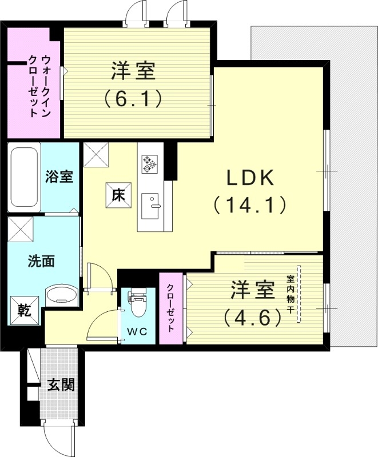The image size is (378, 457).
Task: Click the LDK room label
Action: click(x=250, y=179)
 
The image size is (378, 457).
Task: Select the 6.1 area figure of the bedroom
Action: click(x=133, y=98)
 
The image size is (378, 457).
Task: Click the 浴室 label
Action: click(x=59, y=177)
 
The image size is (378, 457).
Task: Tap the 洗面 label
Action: click(x=41, y=262)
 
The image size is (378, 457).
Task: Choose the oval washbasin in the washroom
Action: click(x=59, y=295)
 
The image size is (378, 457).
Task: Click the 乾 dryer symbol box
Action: click(x=23, y=311)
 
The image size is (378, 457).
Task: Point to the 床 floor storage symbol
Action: click(x=118, y=195)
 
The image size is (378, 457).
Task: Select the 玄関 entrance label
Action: click(x=60, y=385)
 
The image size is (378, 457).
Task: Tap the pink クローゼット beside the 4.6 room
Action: click(x=170, y=309)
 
